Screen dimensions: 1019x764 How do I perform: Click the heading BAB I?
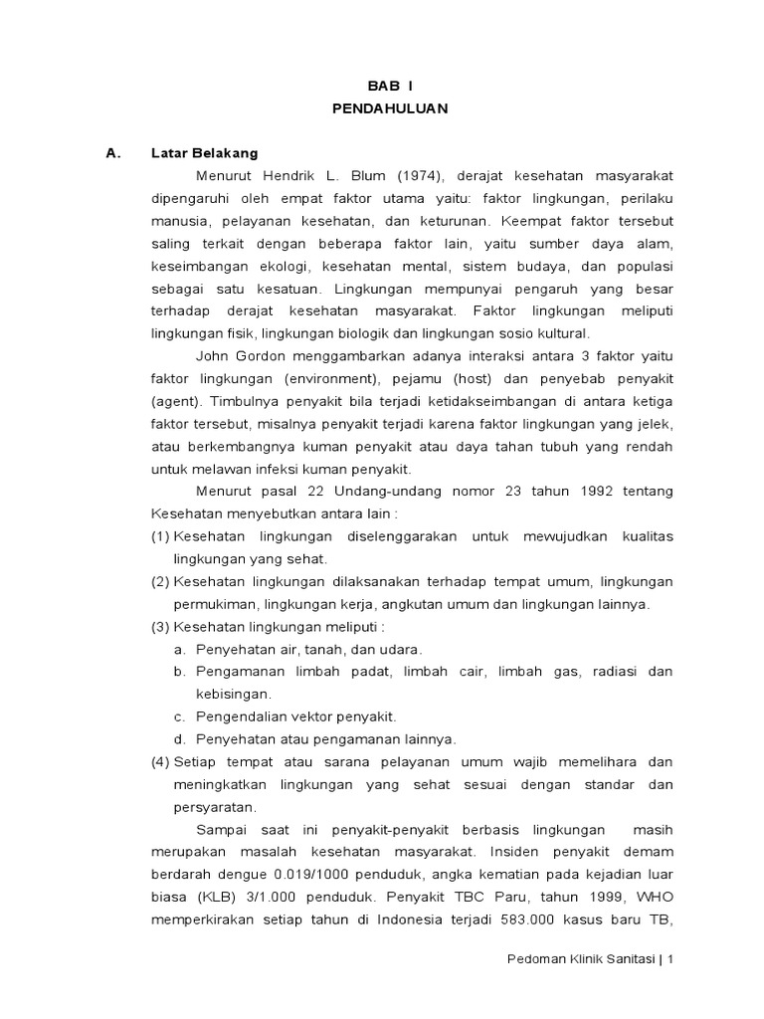tap(390, 87)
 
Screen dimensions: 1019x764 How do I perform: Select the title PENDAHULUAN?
tap(390, 108)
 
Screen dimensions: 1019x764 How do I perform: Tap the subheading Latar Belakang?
tap(204, 153)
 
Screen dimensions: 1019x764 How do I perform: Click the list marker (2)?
tap(160, 581)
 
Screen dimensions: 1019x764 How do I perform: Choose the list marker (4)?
tap(160, 761)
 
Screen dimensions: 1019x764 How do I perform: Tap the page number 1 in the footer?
tap(671, 960)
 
